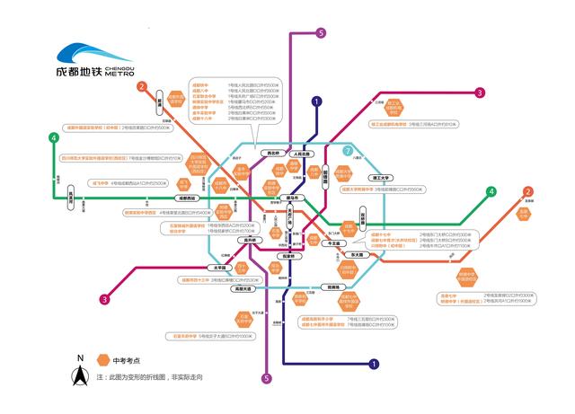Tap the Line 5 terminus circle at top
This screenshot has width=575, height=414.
(321, 33)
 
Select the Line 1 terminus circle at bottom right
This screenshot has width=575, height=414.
(374, 364)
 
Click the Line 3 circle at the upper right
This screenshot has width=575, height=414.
(480, 92)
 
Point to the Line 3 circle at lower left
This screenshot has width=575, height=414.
(104, 300)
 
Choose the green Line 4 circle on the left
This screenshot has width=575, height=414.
(54, 137)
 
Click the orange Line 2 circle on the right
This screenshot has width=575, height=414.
(528, 191)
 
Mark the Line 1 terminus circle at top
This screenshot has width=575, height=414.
(316, 101)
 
